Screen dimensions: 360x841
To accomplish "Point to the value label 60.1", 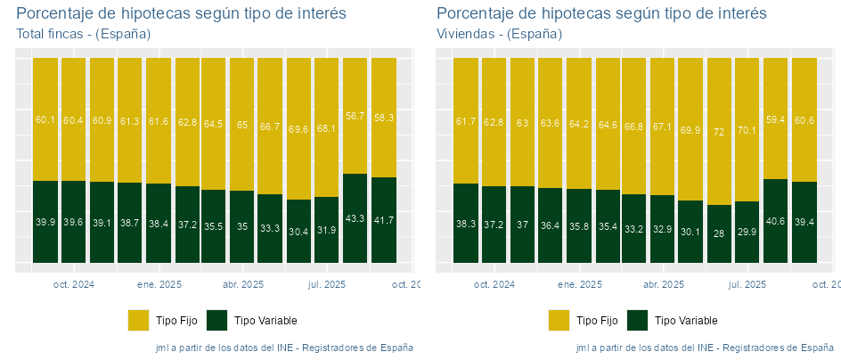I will pyautogui.click(x=45, y=119).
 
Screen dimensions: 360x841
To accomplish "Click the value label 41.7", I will pyautogui.click(x=383, y=220).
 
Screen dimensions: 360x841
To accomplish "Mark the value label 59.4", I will pyautogui.click(x=775, y=119).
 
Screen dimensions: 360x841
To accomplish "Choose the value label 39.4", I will pyautogui.click(x=804, y=222).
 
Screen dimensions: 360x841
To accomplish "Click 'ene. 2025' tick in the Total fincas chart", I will pyautogui.click(x=159, y=285).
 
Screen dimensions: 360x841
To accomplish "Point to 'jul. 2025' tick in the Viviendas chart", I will pyautogui.click(x=747, y=285).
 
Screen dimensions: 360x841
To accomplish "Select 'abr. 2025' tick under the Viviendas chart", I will pyautogui.click(x=663, y=285).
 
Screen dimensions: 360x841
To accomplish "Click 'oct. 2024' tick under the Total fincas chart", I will pyautogui.click(x=73, y=285).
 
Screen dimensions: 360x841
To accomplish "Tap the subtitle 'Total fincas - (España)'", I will pyautogui.click(x=83, y=34).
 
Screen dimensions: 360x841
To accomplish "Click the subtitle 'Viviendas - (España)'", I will pyautogui.click(x=499, y=34).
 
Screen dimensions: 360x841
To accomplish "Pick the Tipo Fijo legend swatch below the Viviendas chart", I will pyautogui.click(x=559, y=320).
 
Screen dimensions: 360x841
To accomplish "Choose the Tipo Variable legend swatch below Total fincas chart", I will pyautogui.click(x=216, y=320).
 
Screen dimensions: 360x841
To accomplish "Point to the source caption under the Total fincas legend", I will pyautogui.click(x=283, y=347).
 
